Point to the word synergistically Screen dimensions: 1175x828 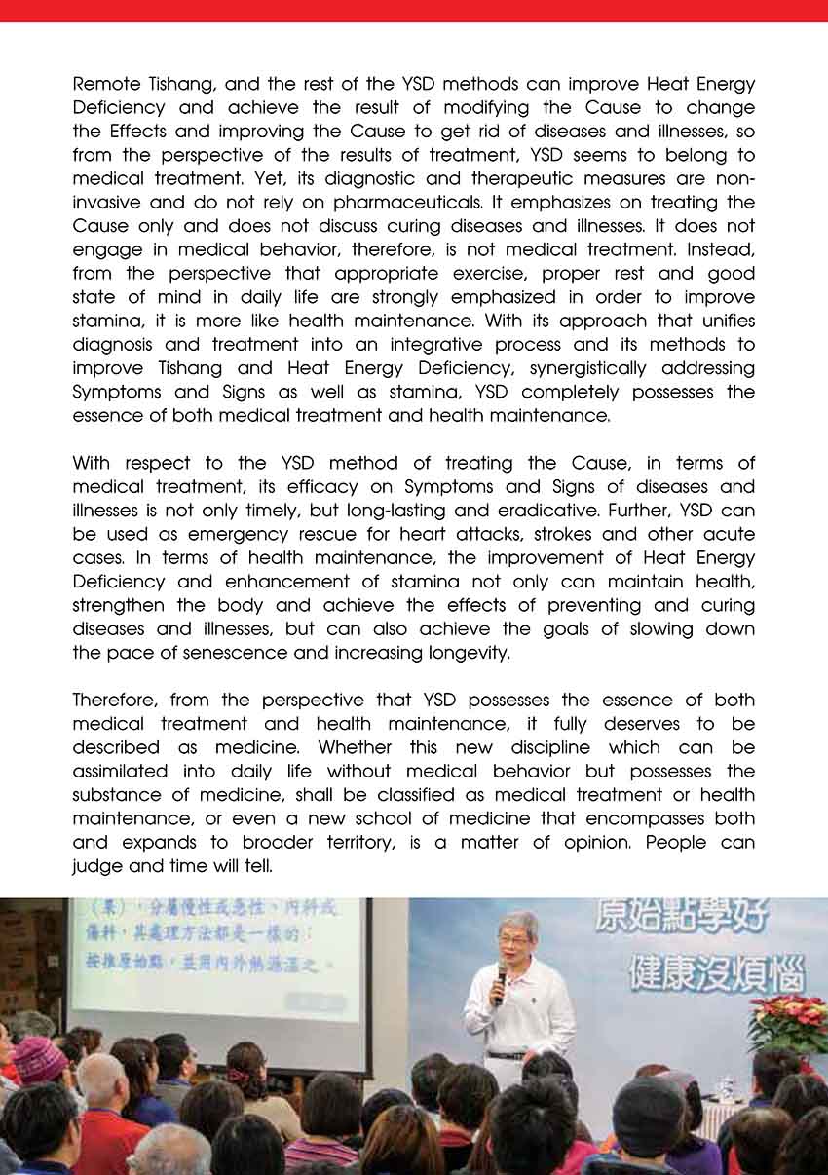(580, 368)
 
